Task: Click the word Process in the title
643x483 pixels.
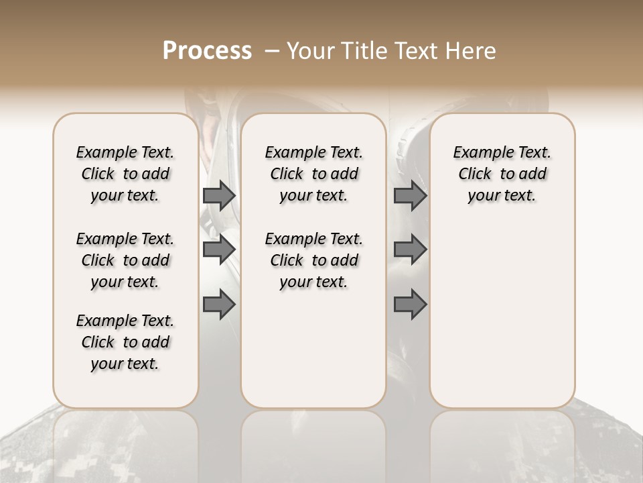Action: pyautogui.click(x=207, y=51)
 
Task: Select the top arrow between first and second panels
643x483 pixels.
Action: pyautogui.click(x=219, y=196)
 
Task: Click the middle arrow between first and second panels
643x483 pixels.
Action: pyautogui.click(x=219, y=250)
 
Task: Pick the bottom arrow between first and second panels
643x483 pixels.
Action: pyautogui.click(x=219, y=305)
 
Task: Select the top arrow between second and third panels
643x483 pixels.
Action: pyautogui.click(x=410, y=196)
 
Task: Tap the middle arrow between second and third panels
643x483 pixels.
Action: pyautogui.click(x=410, y=250)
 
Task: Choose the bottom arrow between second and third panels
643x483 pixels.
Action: pyautogui.click(x=410, y=305)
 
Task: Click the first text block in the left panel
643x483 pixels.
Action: pyautogui.click(x=125, y=174)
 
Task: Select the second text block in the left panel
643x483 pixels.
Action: pyautogui.click(x=125, y=260)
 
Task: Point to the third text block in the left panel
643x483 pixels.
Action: pyautogui.click(x=125, y=342)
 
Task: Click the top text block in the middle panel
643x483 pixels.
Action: pyautogui.click(x=313, y=174)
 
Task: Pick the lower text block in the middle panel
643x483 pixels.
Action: pyautogui.click(x=313, y=260)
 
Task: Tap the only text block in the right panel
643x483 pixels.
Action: pyautogui.click(x=502, y=174)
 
